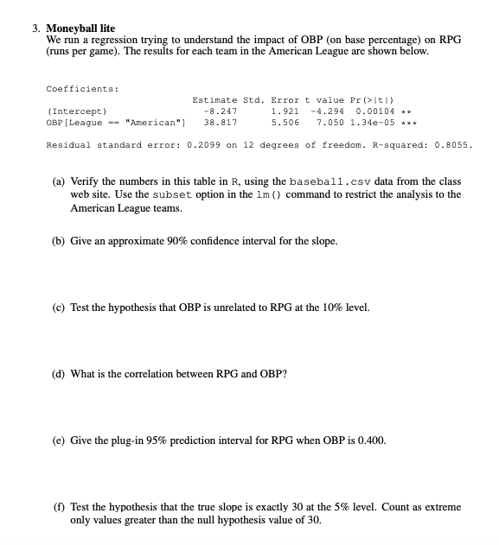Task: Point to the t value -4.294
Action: tap(328, 111)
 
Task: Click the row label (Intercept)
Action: tap(77, 111)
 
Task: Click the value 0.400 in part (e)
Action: tap(373, 440)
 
